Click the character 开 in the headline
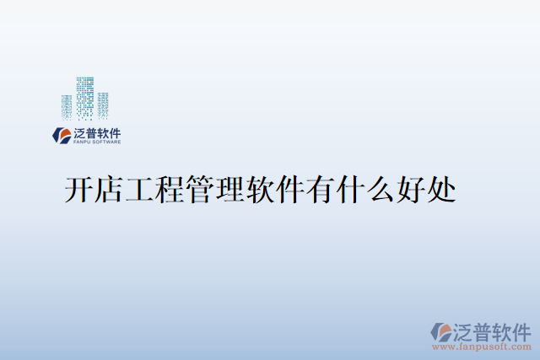[79, 189]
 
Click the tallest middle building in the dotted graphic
[84, 98]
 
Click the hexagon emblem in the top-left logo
[62, 135]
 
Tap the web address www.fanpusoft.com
[482, 346]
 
